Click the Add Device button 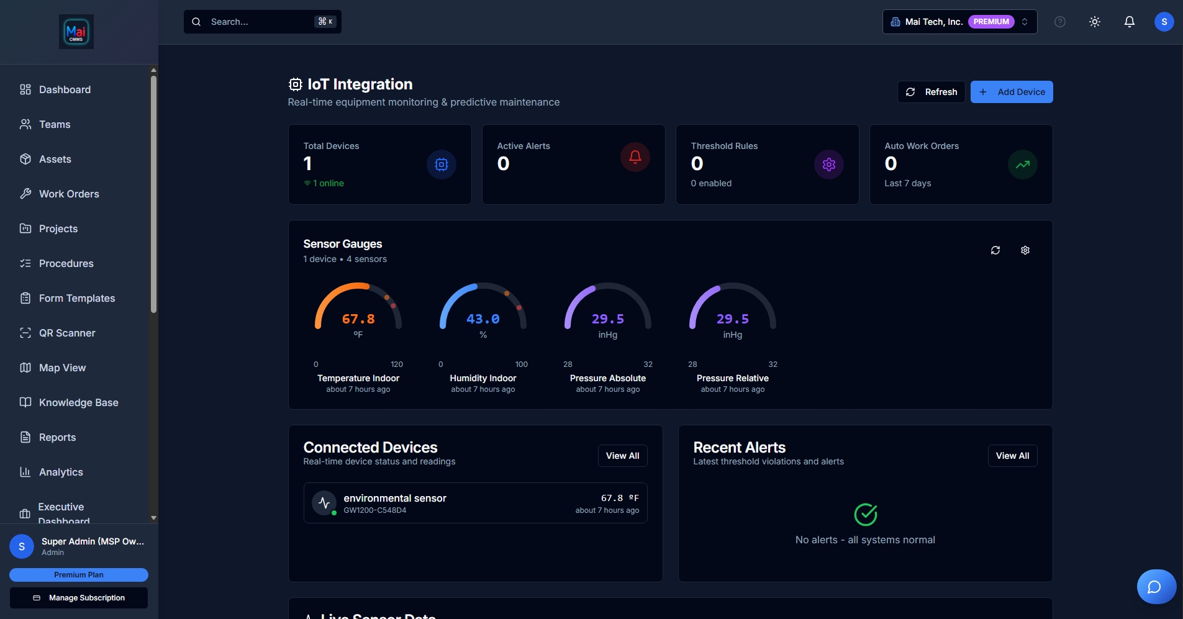pos(1011,92)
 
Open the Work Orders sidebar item pos(69,194)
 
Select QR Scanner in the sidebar pos(67,333)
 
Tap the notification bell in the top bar pos(1129,22)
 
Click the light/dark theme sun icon pos(1094,22)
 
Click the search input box pos(261,22)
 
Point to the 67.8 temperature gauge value pos(358,319)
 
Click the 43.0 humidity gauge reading pos(483,319)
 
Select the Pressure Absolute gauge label pos(607,378)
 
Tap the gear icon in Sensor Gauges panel pos(1025,250)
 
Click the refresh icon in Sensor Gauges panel pos(995,250)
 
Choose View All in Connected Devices pos(622,456)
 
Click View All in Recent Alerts pos(1012,456)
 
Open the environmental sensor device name pos(395,498)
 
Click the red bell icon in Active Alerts pos(635,157)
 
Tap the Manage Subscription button pos(79,598)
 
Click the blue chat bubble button pos(1155,587)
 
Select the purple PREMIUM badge pos(990,22)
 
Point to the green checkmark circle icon pos(865,514)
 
